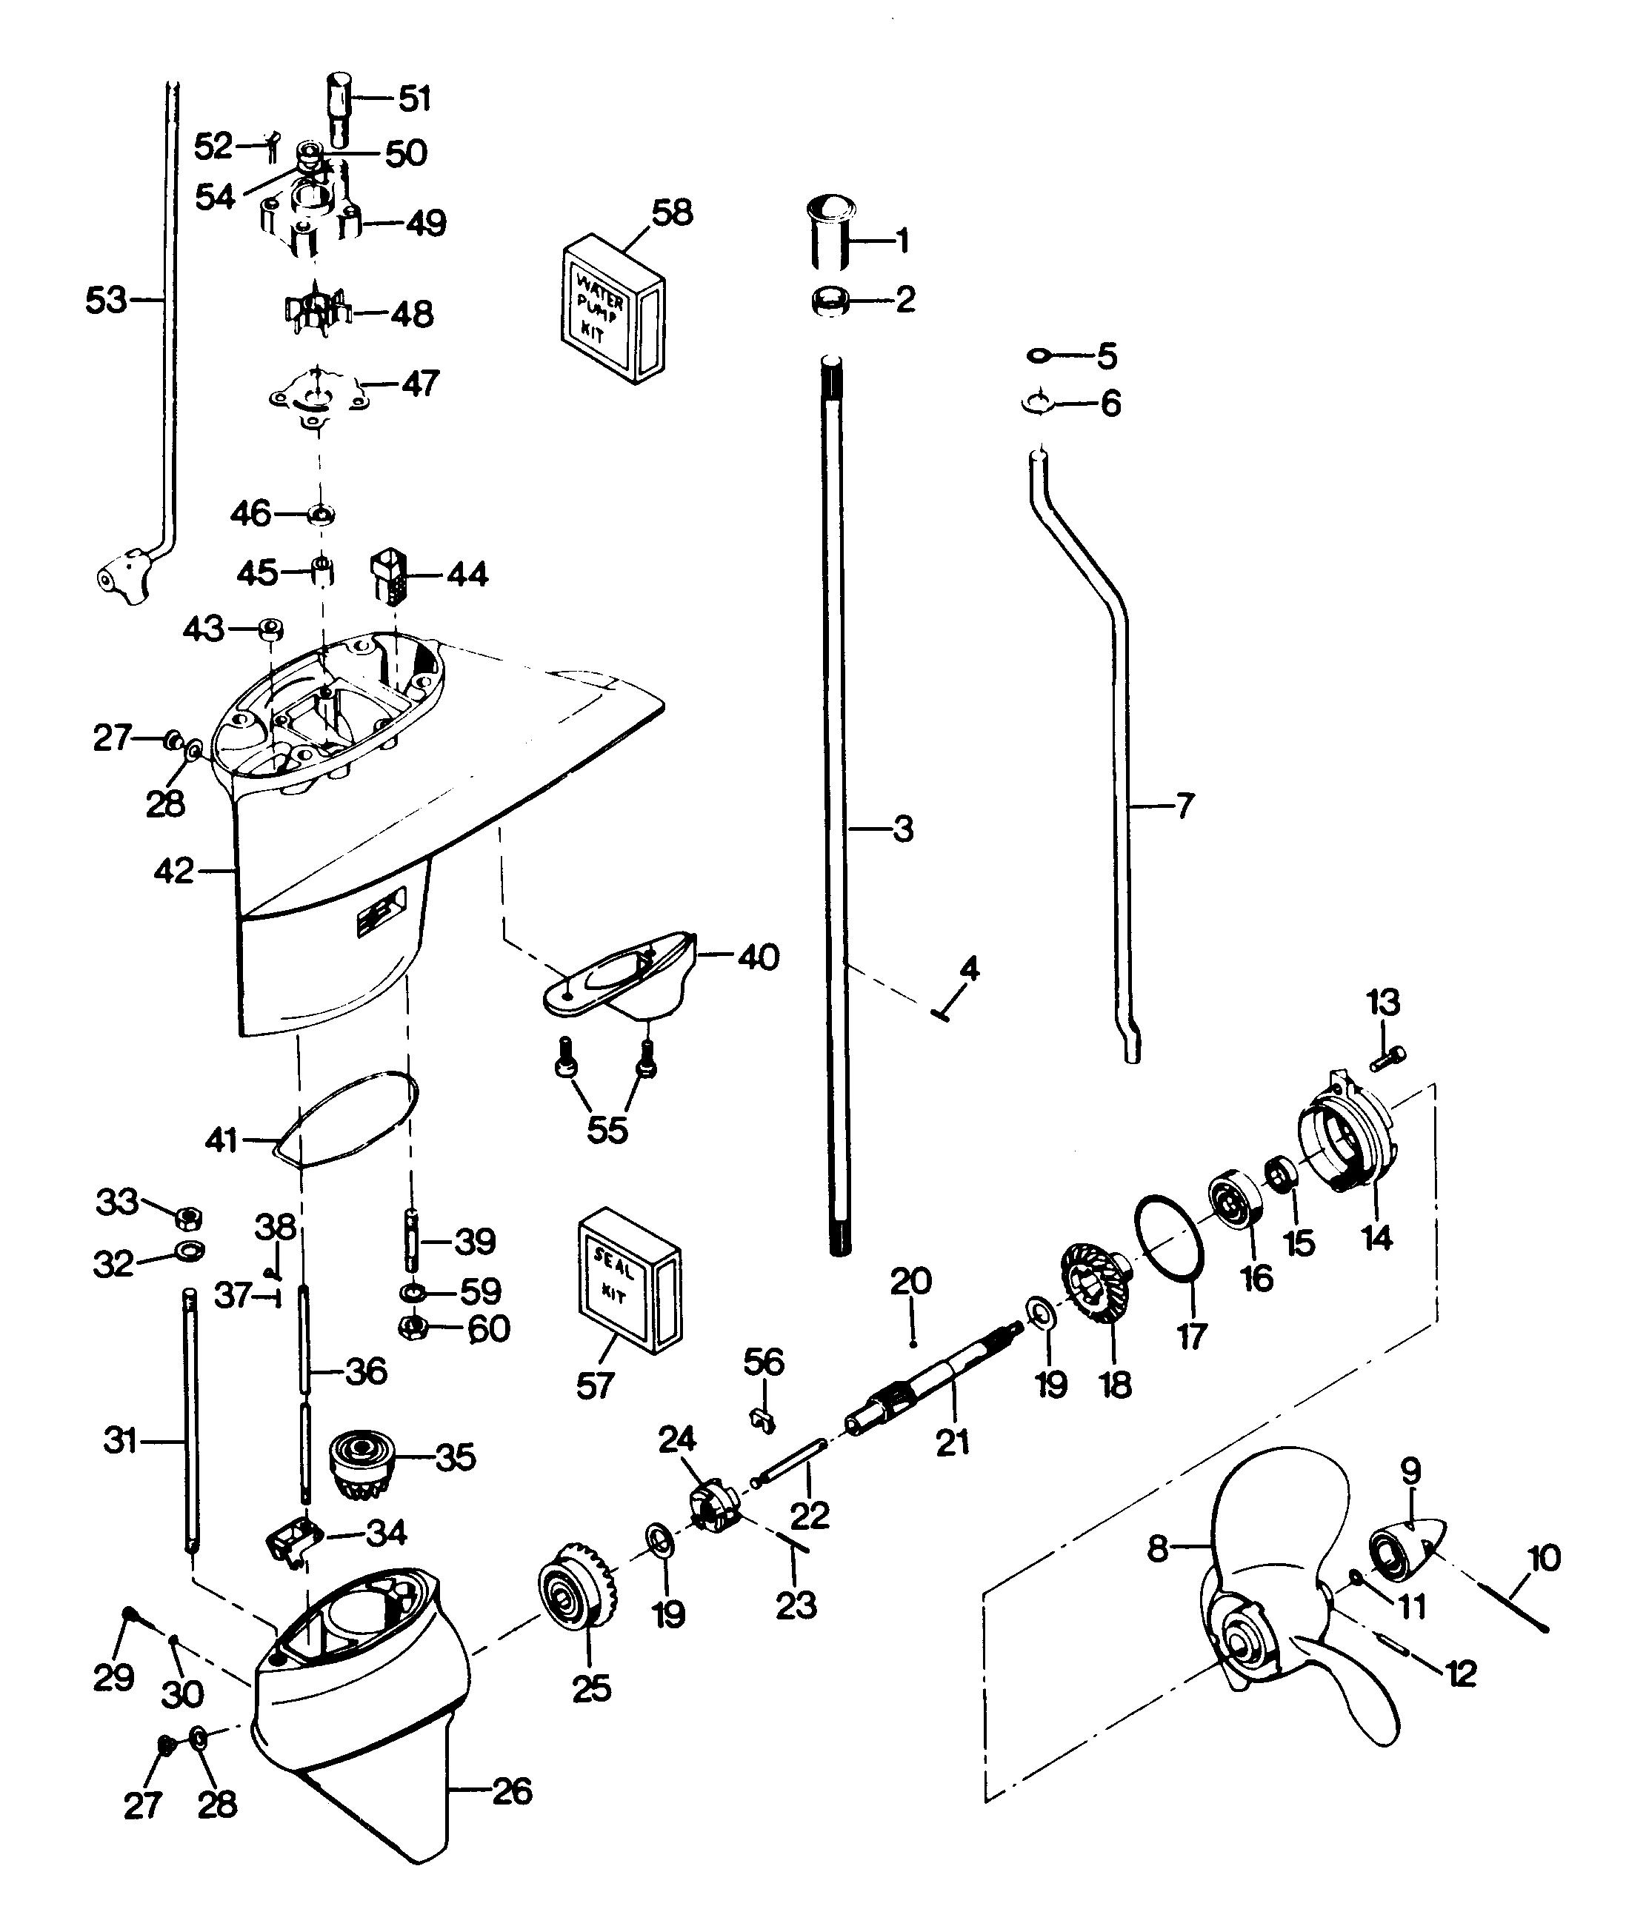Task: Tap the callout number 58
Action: (672, 213)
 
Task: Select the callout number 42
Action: (173, 872)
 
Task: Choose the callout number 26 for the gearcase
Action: (512, 1790)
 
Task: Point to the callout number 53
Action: (105, 299)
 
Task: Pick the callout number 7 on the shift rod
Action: (1184, 806)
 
